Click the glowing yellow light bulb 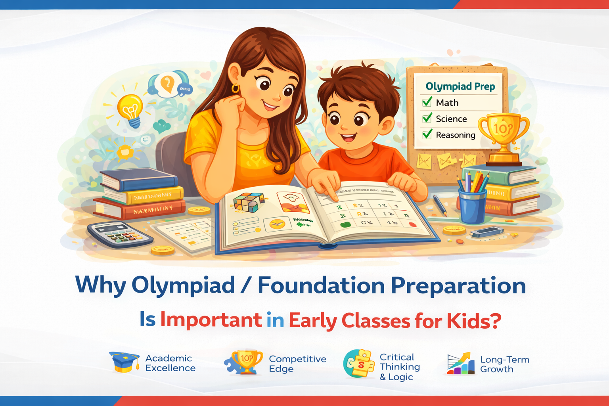[130, 108]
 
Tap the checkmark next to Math [427, 102]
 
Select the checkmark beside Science [427, 118]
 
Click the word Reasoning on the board [455, 135]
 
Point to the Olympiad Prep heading [460, 86]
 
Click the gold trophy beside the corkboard [503, 135]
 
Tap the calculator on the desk [119, 234]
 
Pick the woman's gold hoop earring [236, 88]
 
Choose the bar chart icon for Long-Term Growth [460, 364]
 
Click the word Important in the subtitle [211, 320]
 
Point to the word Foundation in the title [321, 285]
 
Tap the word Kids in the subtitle [473, 320]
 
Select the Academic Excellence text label [170, 363]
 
